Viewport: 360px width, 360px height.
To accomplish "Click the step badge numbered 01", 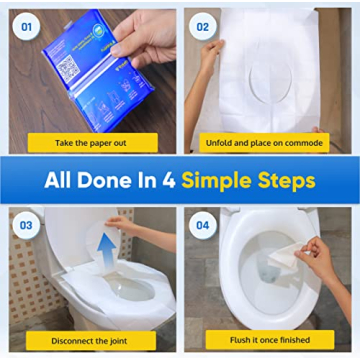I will pos(28,27).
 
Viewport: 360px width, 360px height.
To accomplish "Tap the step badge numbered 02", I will pos(203,27).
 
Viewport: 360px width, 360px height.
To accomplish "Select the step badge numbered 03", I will pos(27,225).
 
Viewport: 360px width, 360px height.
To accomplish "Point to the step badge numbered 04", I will pos(203,225).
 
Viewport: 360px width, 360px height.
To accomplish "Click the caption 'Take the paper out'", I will pos(91,142).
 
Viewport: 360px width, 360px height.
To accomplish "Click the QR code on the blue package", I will pos(68,69).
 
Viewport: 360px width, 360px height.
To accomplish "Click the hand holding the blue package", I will pos(145,35).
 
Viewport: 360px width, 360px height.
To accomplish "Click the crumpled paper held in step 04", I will pos(285,258).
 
